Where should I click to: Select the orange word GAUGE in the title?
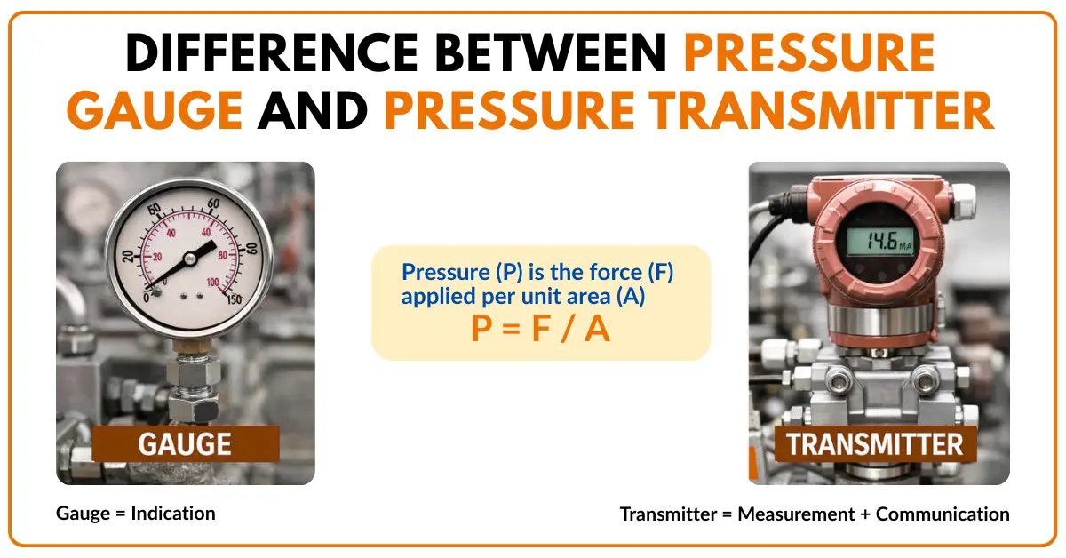click(x=155, y=112)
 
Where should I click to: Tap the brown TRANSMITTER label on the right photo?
click(x=875, y=443)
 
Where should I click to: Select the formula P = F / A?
click(x=540, y=330)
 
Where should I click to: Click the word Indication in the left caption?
click(x=175, y=514)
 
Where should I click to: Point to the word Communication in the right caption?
click(x=943, y=514)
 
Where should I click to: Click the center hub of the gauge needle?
click(x=189, y=259)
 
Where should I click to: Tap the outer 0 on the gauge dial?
click(x=147, y=298)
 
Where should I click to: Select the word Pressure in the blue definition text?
click(x=441, y=273)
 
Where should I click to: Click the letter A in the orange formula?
click(x=597, y=330)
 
